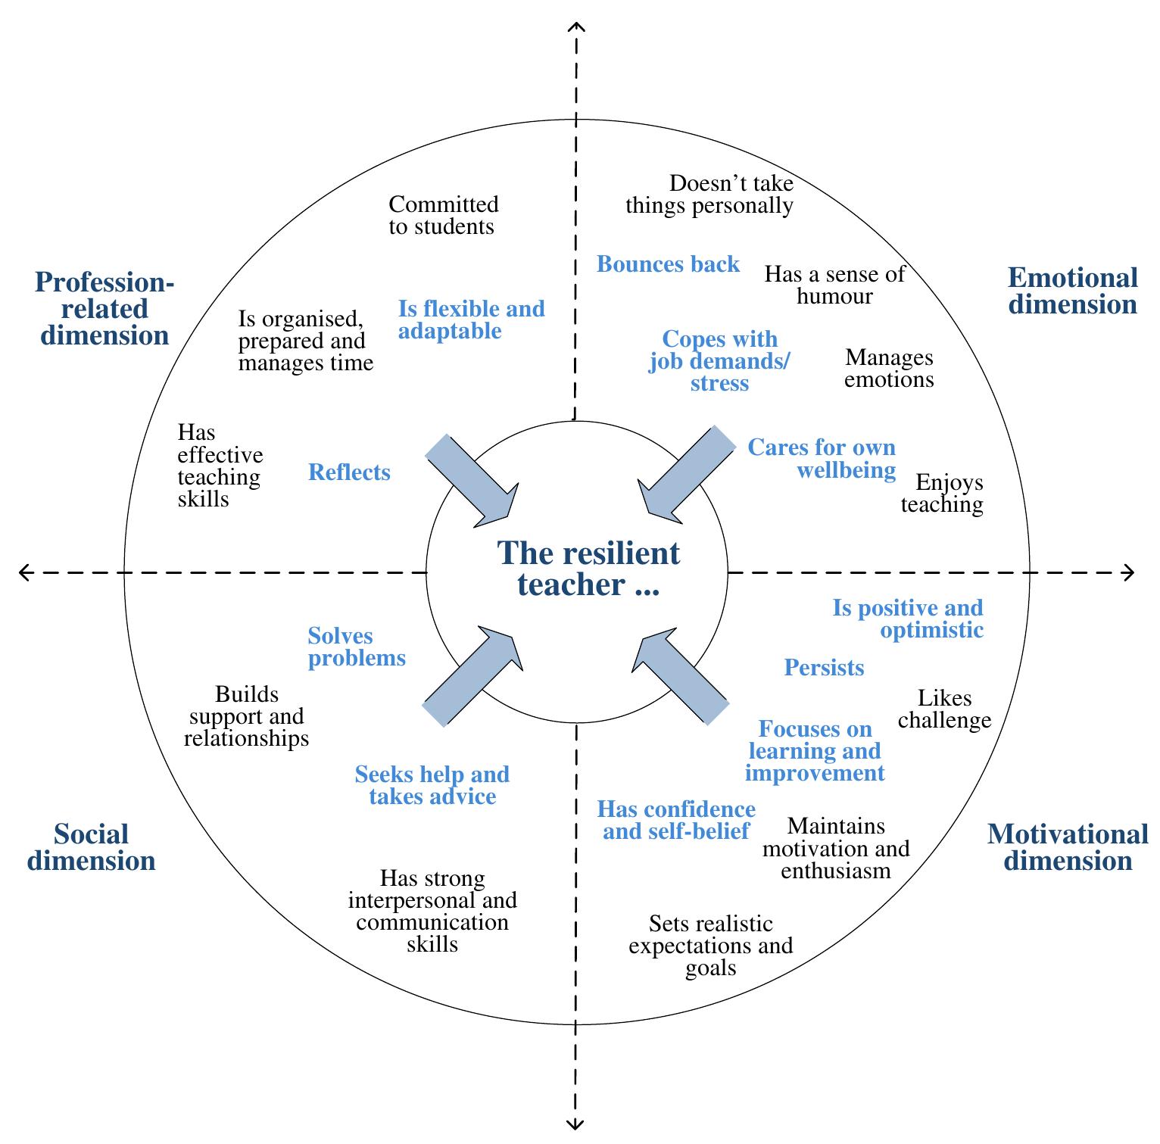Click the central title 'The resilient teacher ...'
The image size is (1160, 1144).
588,569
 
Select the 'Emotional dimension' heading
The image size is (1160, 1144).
1072,291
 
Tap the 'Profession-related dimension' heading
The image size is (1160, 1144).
104,309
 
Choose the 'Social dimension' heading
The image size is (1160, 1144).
92,847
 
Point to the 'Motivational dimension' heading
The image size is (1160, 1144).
1068,847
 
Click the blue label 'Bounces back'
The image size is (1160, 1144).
668,264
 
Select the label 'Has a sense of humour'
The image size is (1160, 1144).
834,285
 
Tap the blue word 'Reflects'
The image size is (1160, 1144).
349,472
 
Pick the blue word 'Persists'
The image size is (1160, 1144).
824,667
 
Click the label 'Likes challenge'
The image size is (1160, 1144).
944,709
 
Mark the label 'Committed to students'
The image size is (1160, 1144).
443,215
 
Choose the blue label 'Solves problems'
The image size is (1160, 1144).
356,647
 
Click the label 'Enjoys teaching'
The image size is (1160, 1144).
942,493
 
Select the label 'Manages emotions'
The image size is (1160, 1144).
889,368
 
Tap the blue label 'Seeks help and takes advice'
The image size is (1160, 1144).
432,785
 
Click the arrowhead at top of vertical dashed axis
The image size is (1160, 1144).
576,28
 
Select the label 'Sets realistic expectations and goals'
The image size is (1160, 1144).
710,946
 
